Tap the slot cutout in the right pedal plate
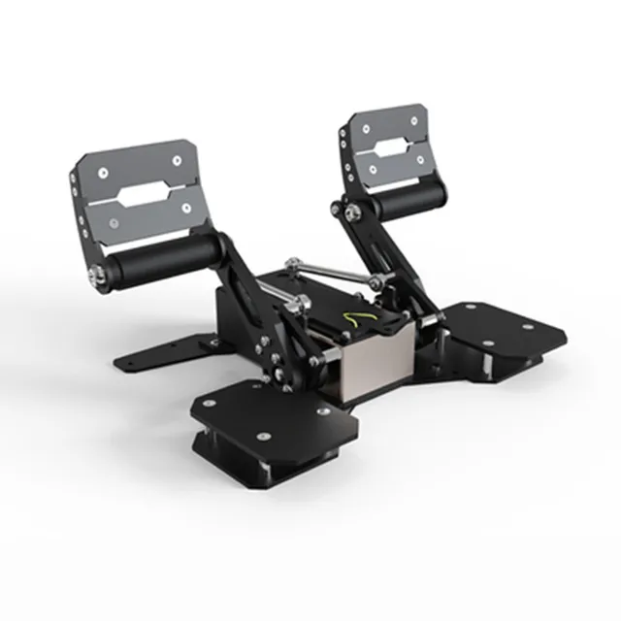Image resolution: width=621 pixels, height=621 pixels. coord(390,148)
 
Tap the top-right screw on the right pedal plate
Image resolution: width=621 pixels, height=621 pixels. coord(414,119)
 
